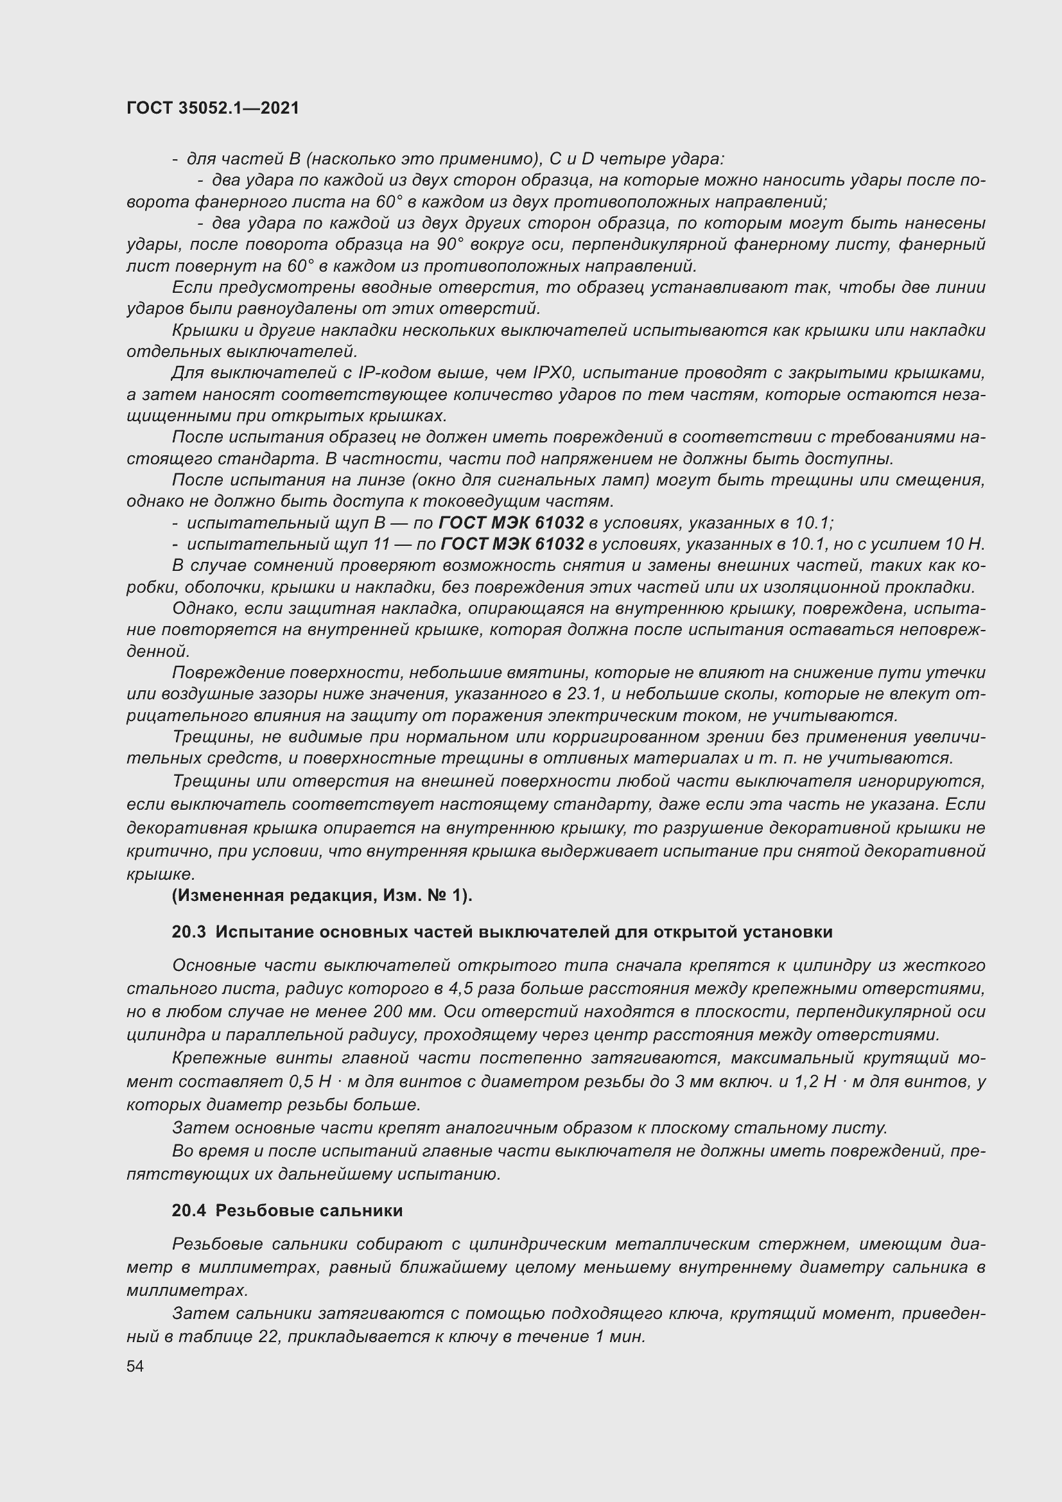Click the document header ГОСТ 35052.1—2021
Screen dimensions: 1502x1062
(x=213, y=109)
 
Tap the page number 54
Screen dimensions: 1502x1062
(x=135, y=1366)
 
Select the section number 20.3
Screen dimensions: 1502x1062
(x=189, y=932)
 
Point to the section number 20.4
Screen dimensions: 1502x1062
(x=189, y=1211)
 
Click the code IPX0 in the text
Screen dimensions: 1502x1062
(x=553, y=374)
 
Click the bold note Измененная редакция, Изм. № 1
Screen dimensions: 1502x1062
(x=322, y=896)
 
